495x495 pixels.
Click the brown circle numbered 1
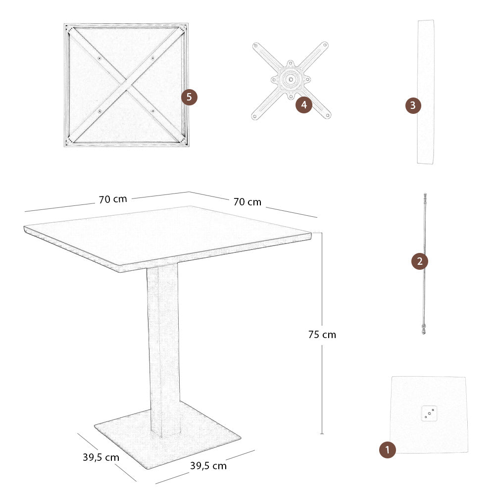[x=387, y=450]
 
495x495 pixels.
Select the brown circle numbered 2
[x=420, y=261]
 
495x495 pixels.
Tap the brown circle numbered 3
[x=413, y=105]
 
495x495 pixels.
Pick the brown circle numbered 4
[x=304, y=105]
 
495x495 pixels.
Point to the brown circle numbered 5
[x=189, y=97]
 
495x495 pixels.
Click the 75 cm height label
[x=322, y=335]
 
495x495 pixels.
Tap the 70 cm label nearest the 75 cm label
[x=247, y=202]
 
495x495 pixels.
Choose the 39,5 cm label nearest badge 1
[x=208, y=466]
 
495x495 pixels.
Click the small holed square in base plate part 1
[x=429, y=413]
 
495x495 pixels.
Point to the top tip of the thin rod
[x=425, y=195]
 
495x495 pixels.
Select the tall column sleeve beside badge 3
[x=426, y=92]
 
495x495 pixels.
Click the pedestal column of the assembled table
[x=163, y=346]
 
